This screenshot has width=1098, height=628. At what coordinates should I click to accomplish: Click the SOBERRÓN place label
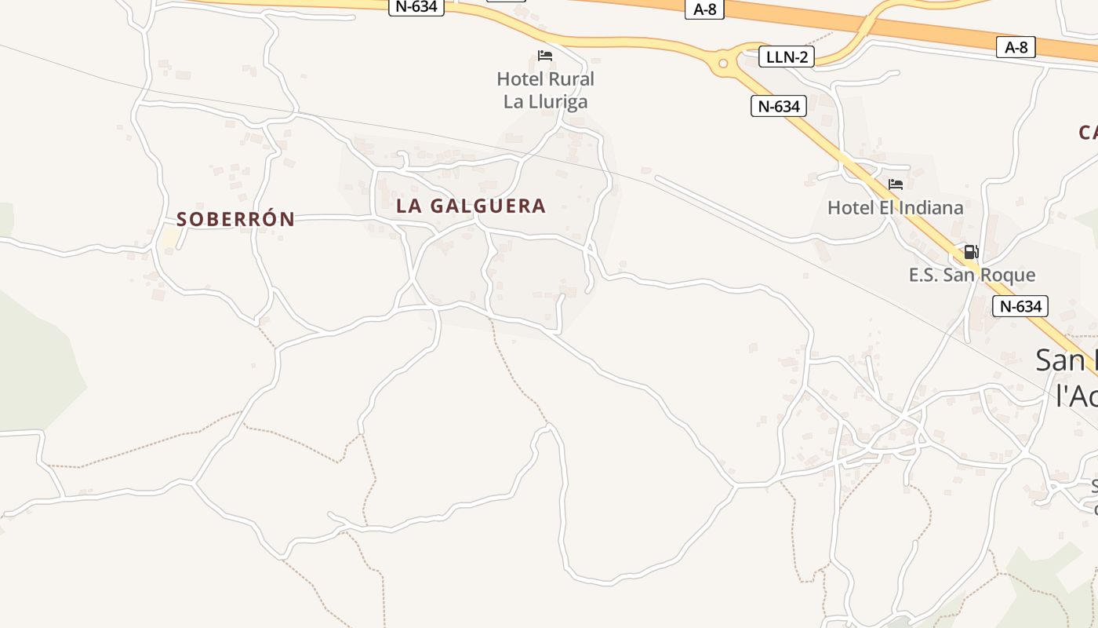[235, 219]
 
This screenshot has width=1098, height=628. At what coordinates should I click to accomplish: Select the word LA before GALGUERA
[409, 206]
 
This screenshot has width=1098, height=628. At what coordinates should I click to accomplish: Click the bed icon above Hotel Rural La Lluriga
[545, 56]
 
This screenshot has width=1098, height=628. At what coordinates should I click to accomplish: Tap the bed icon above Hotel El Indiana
[896, 184]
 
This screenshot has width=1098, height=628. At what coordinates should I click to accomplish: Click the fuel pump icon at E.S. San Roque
[971, 252]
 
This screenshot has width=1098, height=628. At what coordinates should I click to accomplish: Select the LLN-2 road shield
[787, 57]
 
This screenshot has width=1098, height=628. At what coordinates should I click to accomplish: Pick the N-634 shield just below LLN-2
[779, 106]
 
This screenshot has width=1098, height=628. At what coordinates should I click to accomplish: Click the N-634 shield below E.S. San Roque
[1020, 306]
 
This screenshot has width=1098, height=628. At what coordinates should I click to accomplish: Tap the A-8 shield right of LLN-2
[1016, 47]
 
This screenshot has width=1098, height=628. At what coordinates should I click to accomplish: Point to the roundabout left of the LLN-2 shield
[723, 63]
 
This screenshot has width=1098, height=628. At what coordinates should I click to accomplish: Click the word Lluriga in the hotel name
[557, 101]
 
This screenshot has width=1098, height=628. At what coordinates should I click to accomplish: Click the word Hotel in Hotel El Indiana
[849, 208]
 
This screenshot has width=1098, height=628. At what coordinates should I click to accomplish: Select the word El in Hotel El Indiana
[884, 208]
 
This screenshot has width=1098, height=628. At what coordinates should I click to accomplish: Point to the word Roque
[1011, 275]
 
